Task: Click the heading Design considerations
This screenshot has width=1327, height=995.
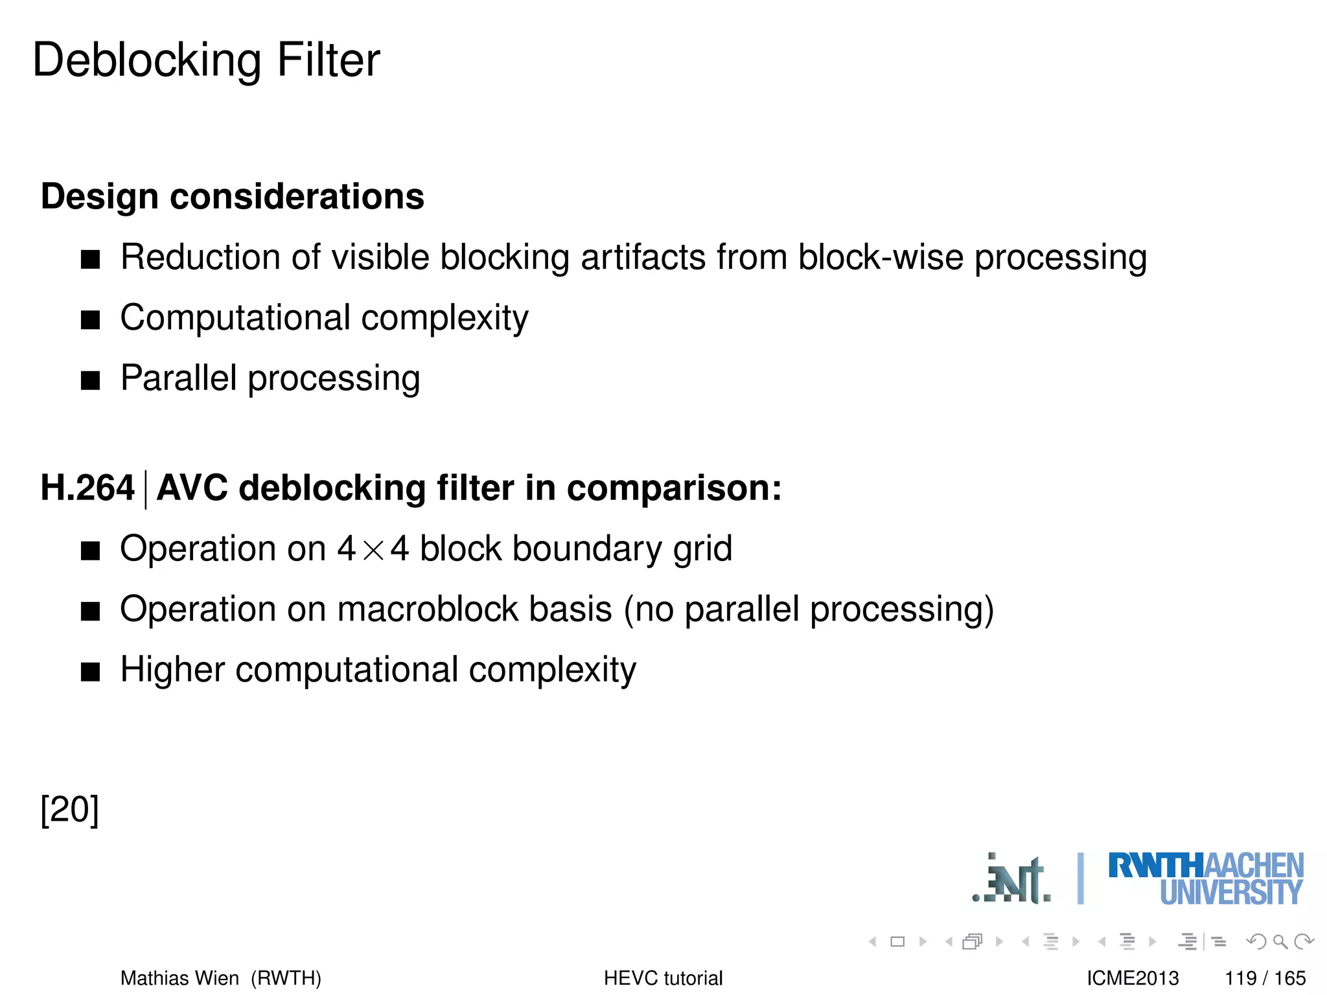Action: click(232, 196)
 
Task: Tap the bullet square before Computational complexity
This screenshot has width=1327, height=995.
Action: click(91, 320)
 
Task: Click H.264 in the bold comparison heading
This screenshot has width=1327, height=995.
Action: click(87, 488)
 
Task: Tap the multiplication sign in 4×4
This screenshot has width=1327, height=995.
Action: click(373, 551)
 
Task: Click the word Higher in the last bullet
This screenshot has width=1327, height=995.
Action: click(172, 670)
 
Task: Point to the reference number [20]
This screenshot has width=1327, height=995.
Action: click(69, 809)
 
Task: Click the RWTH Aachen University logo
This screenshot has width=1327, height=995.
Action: click(1205, 878)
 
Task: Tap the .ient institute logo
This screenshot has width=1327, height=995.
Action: click(1011, 880)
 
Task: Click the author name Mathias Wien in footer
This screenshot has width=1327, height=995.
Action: click(179, 978)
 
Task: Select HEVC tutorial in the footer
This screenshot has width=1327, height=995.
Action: click(663, 978)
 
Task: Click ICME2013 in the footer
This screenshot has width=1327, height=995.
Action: click(1133, 978)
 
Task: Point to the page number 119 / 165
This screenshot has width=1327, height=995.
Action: click(1265, 978)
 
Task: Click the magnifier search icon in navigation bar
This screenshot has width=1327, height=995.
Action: click(1280, 941)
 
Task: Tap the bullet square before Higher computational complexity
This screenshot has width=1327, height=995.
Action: click(91, 672)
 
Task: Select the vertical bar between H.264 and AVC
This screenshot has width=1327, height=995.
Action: click(145, 490)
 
